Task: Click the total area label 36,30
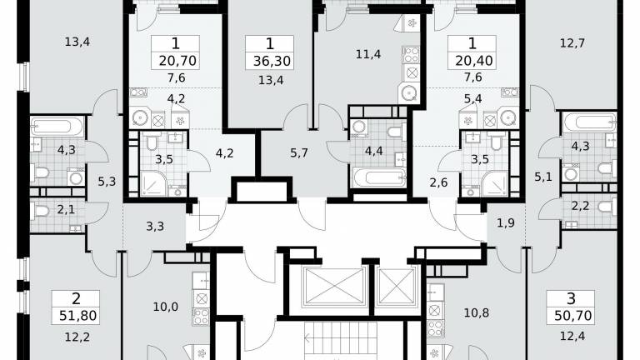[x=272, y=61]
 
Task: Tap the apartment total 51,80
[x=78, y=316]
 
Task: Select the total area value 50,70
[x=573, y=316]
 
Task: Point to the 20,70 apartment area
[x=178, y=61]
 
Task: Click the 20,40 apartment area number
[x=474, y=61]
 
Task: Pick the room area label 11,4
[x=368, y=54]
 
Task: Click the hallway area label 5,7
[x=299, y=153]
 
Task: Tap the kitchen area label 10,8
[x=477, y=313]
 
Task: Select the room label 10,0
[x=165, y=307]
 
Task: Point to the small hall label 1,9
[x=505, y=222]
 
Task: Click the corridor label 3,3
[x=155, y=226]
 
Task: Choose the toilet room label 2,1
[x=66, y=210]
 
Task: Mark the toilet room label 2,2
[x=580, y=206]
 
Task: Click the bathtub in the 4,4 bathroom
[x=380, y=178]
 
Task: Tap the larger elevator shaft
[x=334, y=286]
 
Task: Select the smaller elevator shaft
[x=397, y=286]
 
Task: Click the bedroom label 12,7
[x=572, y=42]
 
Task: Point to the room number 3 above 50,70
[x=571, y=299]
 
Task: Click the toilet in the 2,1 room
[x=40, y=211]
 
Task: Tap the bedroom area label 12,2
[x=77, y=337]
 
